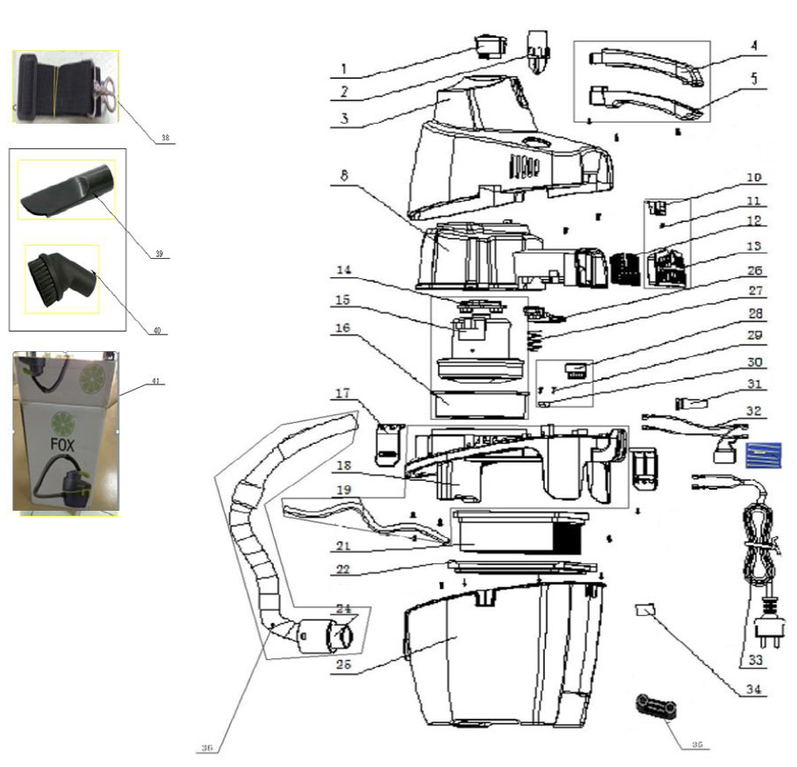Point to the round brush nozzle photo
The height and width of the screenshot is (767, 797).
tap(62, 278)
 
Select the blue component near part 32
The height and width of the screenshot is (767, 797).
tap(761, 454)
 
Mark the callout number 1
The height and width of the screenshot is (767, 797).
tap(344, 67)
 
